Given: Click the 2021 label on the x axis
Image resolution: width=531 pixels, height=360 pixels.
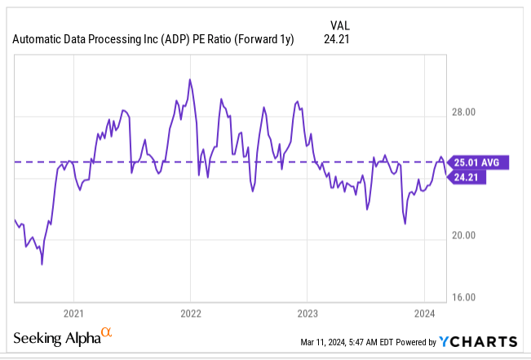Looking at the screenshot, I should tap(73, 313).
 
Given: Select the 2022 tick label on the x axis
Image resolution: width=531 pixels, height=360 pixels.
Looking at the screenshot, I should tap(190, 313).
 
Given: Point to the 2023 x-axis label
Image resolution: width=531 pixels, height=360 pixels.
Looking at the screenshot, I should tap(307, 313).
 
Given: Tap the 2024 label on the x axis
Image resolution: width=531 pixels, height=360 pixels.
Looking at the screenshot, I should tap(424, 313).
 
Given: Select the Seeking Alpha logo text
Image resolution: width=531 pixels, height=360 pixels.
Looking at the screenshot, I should tap(55, 338).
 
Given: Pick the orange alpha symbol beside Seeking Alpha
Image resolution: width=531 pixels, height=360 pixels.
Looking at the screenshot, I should tap(106, 333).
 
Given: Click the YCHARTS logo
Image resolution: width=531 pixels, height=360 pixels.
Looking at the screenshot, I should tap(477, 341).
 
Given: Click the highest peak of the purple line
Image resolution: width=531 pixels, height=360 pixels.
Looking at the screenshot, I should tap(190, 79).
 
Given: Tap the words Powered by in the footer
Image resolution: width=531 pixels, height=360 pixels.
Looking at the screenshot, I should tap(414, 342).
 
